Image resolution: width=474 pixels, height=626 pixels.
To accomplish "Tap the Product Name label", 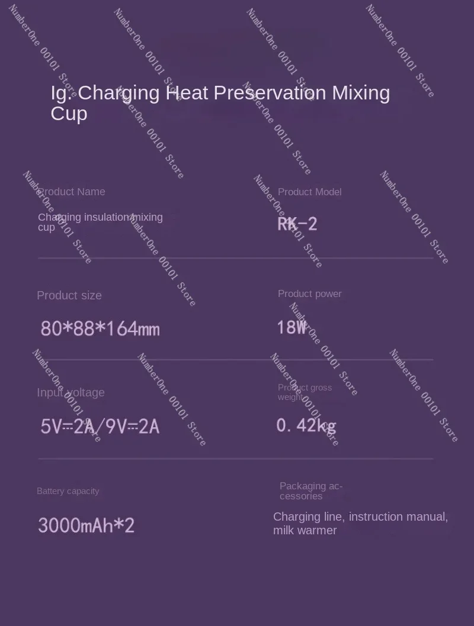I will coord(72,192).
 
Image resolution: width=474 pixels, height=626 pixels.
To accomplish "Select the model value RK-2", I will coord(297,224).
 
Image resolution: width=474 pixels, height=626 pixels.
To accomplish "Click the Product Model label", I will coord(309,192).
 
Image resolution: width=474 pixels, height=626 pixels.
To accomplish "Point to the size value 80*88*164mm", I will coord(100,328).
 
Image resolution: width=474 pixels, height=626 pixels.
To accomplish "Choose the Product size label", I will coord(69,295).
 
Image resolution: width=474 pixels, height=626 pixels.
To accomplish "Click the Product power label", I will coord(309,293).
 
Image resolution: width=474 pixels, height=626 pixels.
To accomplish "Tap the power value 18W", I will coord(292,327).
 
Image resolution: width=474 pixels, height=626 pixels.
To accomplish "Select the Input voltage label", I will coord(71,392).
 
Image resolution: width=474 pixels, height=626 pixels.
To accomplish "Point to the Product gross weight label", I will coord(305,392).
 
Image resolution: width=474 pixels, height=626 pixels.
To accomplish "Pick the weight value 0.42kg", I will coord(306,425).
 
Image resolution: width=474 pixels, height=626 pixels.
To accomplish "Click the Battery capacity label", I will coord(68,491).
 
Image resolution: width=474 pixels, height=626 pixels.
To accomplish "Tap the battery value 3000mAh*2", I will coord(87,525).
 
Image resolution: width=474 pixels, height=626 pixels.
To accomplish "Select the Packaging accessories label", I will coord(310,491).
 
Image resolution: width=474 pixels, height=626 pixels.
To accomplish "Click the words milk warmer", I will coord(305,531).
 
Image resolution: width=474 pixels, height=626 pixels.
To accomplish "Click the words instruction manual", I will coord(398,517).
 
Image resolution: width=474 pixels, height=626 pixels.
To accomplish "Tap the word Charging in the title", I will coord(118,93).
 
